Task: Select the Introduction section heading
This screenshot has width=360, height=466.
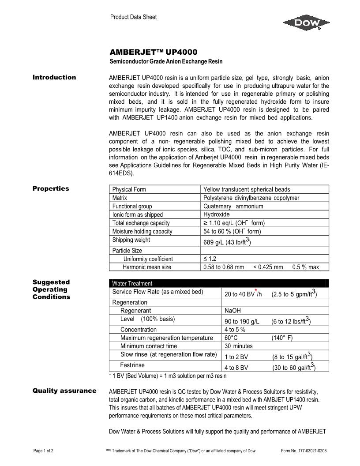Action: click(x=54, y=78)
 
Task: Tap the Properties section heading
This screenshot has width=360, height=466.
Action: click(x=51, y=189)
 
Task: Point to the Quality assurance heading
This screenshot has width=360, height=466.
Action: click(x=64, y=391)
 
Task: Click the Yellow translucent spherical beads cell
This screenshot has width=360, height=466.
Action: click(x=247, y=189)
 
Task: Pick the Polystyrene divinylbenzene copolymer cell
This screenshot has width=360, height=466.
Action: click(x=251, y=198)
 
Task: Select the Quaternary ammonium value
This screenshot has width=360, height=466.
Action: click(x=233, y=206)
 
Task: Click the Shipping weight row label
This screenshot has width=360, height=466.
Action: click(x=131, y=240)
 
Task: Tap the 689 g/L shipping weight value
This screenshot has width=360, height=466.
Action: click(x=227, y=241)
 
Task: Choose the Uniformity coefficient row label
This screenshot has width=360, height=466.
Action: click(x=148, y=259)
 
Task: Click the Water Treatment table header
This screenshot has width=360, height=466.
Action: click(x=132, y=283)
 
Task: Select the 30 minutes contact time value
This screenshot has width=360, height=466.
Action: click(x=238, y=346)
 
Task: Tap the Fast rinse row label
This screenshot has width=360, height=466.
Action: click(x=132, y=365)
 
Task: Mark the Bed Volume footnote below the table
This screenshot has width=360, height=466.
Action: click(x=168, y=376)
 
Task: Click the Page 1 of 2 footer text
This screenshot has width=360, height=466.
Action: click(x=44, y=451)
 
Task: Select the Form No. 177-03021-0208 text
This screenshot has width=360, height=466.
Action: click(x=304, y=451)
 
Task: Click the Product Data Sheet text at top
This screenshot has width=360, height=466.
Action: click(x=133, y=17)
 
